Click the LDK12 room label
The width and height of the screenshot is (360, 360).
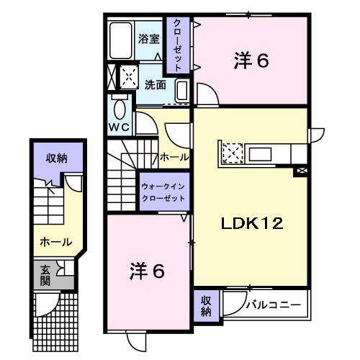(252, 223)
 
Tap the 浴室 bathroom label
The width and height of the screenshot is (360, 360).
(149, 39)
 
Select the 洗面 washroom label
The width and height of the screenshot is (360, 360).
(155, 85)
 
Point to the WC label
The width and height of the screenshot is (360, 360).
(120, 127)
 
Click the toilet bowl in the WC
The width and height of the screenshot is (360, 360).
(120, 109)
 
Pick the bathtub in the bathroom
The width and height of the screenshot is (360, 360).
(121, 40)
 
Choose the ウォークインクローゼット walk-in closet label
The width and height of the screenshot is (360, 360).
(163, 192)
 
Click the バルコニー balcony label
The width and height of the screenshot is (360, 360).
(274, 305)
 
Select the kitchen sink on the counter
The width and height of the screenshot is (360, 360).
(260, 154)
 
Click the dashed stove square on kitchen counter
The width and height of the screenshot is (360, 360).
(233, 153)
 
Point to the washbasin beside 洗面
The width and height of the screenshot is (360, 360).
(182, 91)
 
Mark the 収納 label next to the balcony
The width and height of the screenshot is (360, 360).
(206, 306)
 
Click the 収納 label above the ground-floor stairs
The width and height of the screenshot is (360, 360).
(57, 158)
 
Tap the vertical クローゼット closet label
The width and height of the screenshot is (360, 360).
(178, 45)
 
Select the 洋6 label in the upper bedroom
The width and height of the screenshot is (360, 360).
(251, 60)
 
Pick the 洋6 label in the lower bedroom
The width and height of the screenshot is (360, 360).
(147, 271)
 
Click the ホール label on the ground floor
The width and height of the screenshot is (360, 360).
(56, 242)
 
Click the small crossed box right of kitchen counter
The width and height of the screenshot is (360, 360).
(302, 171)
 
